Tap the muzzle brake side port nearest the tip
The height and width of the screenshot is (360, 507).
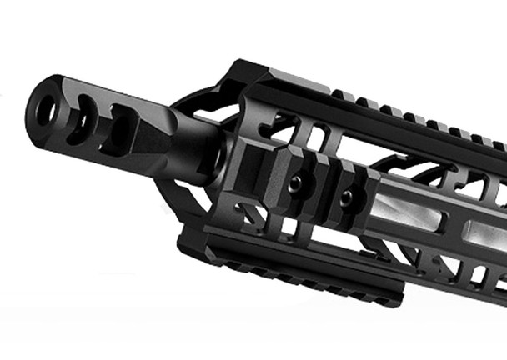coord(83,117)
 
